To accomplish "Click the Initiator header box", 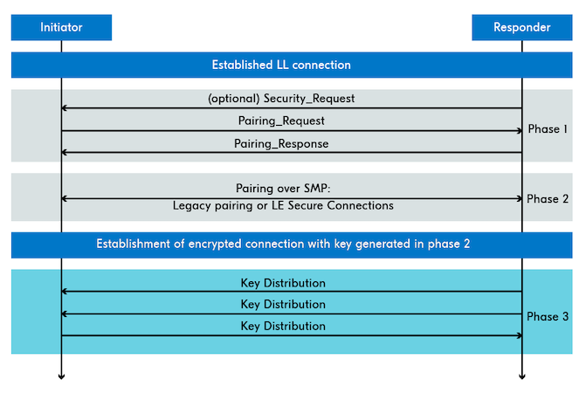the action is pos(61,27).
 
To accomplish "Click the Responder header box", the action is pos(521,27).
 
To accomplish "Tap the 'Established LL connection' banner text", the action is pos(281,65).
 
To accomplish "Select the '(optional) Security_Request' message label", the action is pos(281,98).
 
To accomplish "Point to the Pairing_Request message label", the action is pos(281,121).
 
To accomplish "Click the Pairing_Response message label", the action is pos(281,143).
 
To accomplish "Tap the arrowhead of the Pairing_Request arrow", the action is pos(519,131).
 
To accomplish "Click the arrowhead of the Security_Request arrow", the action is pos(65,108).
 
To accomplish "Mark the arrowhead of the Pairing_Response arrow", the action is pos(65,153).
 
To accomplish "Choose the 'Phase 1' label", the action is pos(548,129).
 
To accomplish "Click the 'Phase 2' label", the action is pos(548,199).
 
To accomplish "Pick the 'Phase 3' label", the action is pos(548,316).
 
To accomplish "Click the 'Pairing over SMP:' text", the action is pos(283,188).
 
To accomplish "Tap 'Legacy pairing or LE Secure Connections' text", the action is pos(283,205).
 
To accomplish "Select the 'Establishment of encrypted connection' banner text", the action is pos(283,244).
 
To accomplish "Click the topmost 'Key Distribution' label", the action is pos(283,283).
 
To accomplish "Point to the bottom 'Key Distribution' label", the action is pos(283,326).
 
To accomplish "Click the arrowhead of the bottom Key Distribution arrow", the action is pos(519,335).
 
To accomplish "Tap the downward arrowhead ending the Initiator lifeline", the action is pos(61,376).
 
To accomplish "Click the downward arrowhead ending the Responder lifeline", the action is pos(522,376).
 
